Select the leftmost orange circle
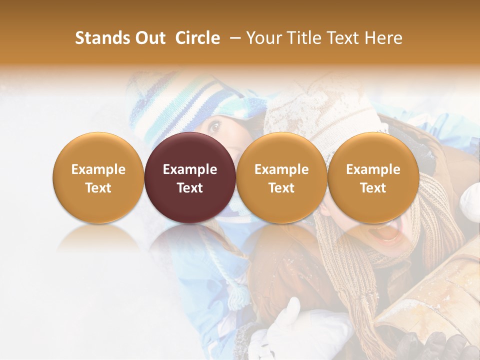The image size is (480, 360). pos(98,177)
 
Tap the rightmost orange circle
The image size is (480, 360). pos(373,177)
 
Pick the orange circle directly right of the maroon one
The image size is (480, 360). pos(281,177)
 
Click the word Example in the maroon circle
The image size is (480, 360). pos(190,169)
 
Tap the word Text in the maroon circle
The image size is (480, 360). pos(190,188)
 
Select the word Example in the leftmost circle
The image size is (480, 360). pos(98,169)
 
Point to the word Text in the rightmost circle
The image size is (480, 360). pos(373,188)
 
